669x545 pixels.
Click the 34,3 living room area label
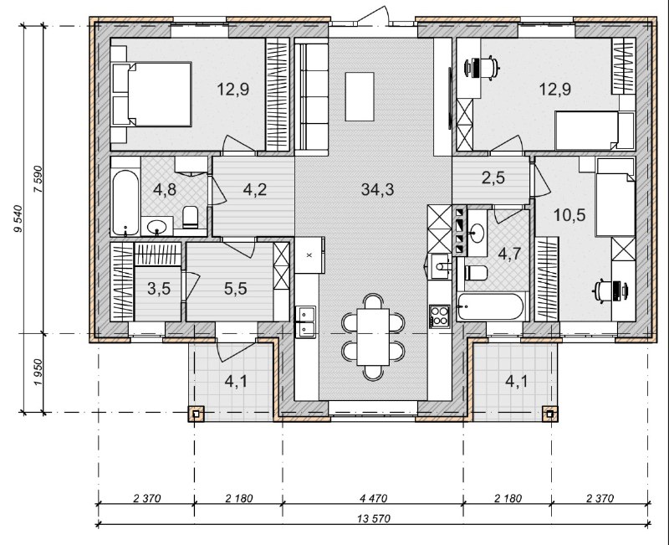pyautogui.click(x=377, y=189)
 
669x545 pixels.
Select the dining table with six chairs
pyautogui.click(x=373, y=337)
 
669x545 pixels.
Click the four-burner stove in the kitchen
pyautogui.click(x=440, y=316)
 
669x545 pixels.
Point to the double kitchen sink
pyautogui.click(x=306, y=321)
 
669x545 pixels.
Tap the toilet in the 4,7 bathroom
pyautogui.click(x=476, y=273)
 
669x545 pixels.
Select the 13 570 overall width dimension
pyautogui.click(x=375, y=519)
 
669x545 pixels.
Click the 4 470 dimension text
pyautogui.click(x=373, y=498)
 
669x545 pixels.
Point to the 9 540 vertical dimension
pyautogui.click(x=18, y=219)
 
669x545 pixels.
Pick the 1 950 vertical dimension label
pyautogui.click(x=38, y=373)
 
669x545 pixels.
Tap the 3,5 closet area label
pyautogui.click(x=159, y=289)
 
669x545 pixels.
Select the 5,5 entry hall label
pyautogui.click(x=236, y=289)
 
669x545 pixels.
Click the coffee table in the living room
pyautogui.click(x=360, y=96)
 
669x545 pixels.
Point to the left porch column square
pyautogui.click(x=196, y=414)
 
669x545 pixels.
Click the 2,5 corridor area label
pyautogui.click(x=493, y=177)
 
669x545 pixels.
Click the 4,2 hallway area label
pyautogui.click(x=255, y=189)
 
